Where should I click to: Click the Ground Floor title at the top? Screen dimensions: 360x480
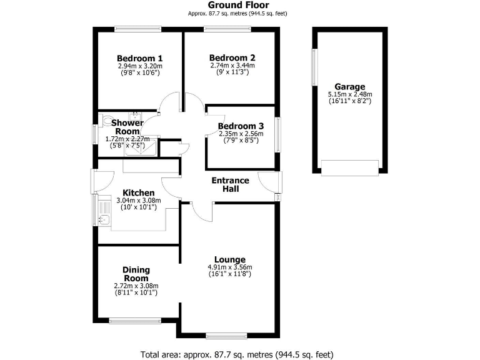(239, 5)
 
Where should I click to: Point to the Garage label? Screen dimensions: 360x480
(349, 87)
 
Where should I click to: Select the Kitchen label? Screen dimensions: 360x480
(138, 192)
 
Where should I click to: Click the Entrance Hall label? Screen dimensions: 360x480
(230, 184)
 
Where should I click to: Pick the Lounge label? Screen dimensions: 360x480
(229, 259)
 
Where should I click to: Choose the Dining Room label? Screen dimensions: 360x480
(136, 274)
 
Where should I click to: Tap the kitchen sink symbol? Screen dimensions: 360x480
(104, 218)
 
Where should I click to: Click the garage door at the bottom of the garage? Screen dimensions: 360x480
(349, 167)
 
